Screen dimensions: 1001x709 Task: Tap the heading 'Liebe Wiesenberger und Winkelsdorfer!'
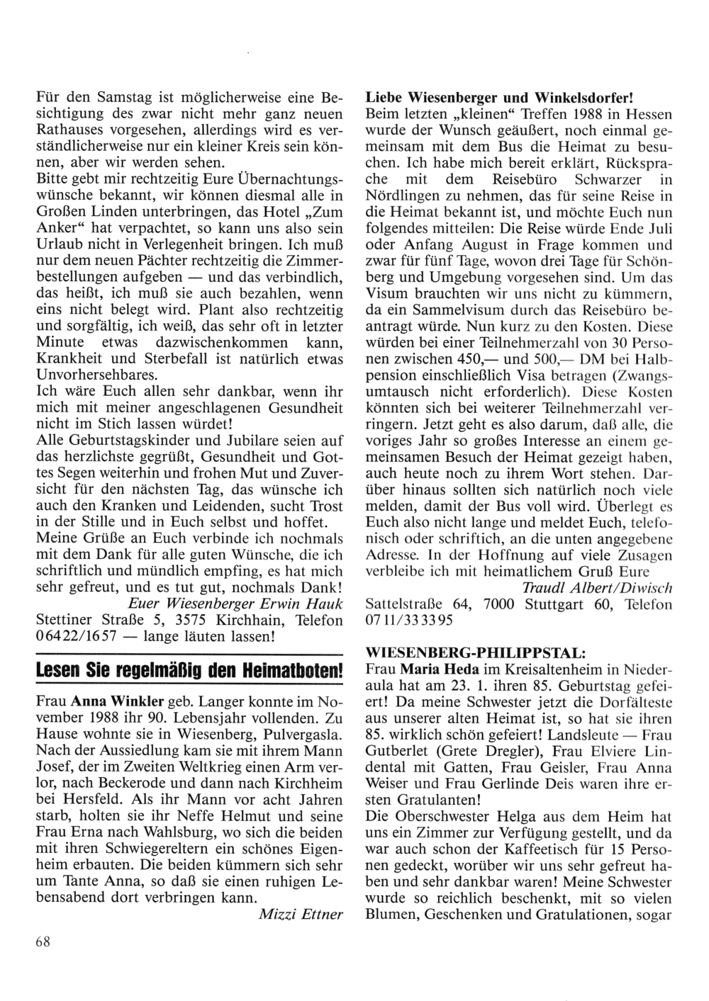point(498,96)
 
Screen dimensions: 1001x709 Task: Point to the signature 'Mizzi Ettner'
point(301,914)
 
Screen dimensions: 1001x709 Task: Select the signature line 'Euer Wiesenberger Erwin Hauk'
point(235,604)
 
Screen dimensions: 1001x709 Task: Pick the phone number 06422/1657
point(76,636)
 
